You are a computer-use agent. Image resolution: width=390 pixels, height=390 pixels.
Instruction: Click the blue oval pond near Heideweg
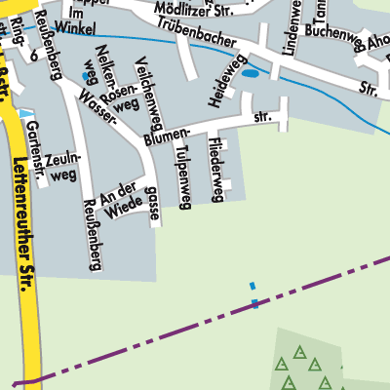click(251, 73)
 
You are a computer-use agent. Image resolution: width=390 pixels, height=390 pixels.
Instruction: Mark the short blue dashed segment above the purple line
click(253, 294)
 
